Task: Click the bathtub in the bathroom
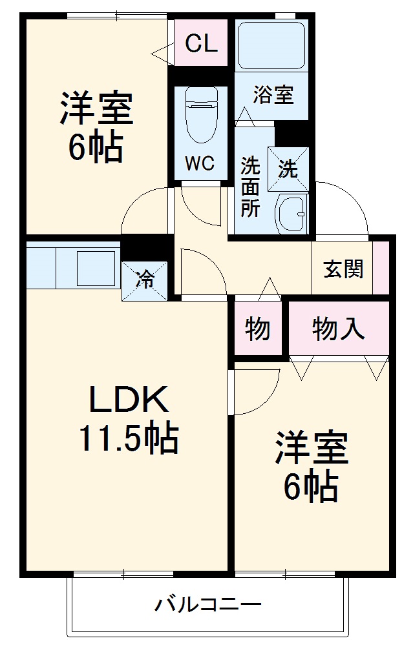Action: (270, 46)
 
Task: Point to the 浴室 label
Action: (273, 96)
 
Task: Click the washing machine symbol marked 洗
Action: (288, 169)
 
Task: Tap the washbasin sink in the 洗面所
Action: (293, 214)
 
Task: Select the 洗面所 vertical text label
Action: (250, 187)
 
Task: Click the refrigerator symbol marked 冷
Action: (145, 280)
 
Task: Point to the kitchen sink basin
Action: (95, 265)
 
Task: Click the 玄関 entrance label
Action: (343, 269)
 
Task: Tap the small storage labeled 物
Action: (258, 330)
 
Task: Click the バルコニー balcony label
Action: (208, 605)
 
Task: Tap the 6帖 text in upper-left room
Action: (96, 147)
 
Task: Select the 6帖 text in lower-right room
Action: (311, 487)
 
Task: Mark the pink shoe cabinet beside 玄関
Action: (381, 269)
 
